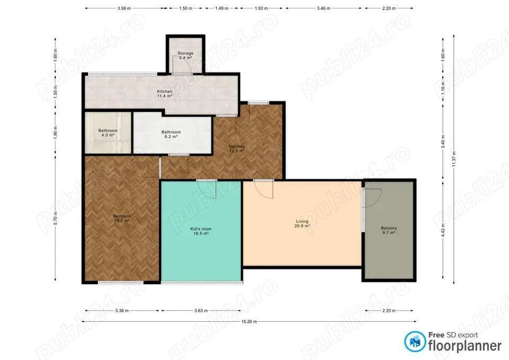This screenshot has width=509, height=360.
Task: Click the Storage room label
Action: pos(185,55)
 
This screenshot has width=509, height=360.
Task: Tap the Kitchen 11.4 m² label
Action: pos(164,94)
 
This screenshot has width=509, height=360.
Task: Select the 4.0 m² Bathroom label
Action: pos(108,133)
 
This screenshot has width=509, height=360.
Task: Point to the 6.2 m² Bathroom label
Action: pos(171,134)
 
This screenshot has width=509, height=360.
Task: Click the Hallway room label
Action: pos(236,148)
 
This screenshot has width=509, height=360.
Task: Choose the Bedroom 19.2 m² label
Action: pos(121,218)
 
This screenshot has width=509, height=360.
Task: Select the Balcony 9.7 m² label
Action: pos(389,230)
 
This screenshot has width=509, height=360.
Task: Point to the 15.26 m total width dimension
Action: pos(249,321)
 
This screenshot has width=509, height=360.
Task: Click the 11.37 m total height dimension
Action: pos(454,157)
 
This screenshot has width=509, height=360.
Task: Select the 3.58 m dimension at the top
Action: pos(124,9)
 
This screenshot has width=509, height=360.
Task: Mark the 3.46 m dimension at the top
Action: pos(324,9)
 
